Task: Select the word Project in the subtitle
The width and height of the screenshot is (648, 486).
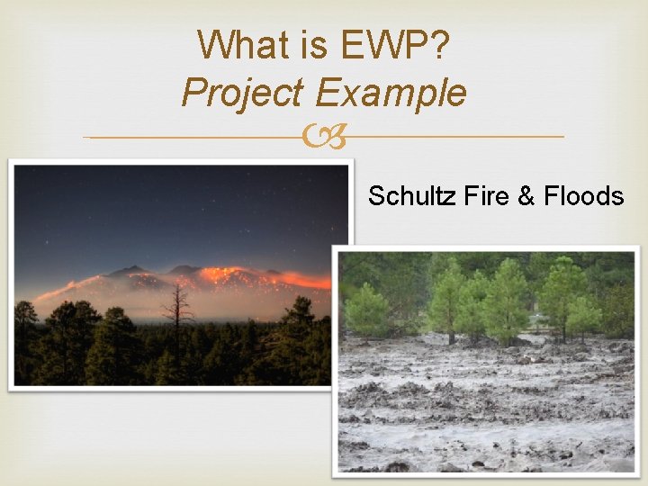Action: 241,93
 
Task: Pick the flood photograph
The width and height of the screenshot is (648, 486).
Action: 486,360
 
